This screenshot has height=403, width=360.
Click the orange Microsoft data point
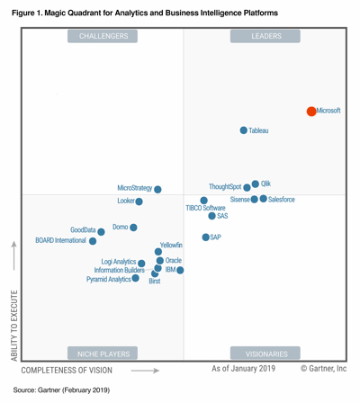311,112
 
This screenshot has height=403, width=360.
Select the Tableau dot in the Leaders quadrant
244,130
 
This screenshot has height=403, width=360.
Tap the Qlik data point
256,184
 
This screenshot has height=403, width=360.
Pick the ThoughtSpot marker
247,188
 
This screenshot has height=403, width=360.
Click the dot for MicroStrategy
157,189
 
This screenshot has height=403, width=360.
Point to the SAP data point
205,237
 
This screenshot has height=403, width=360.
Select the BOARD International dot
93,241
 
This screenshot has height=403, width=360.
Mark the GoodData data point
102,231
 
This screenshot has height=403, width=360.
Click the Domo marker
133,228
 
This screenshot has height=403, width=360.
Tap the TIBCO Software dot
204,201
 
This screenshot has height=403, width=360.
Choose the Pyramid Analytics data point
136,279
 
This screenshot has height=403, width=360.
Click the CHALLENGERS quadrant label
103,36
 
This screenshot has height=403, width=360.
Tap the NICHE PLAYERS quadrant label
103,354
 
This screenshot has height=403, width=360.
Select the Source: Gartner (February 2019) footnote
61,390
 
